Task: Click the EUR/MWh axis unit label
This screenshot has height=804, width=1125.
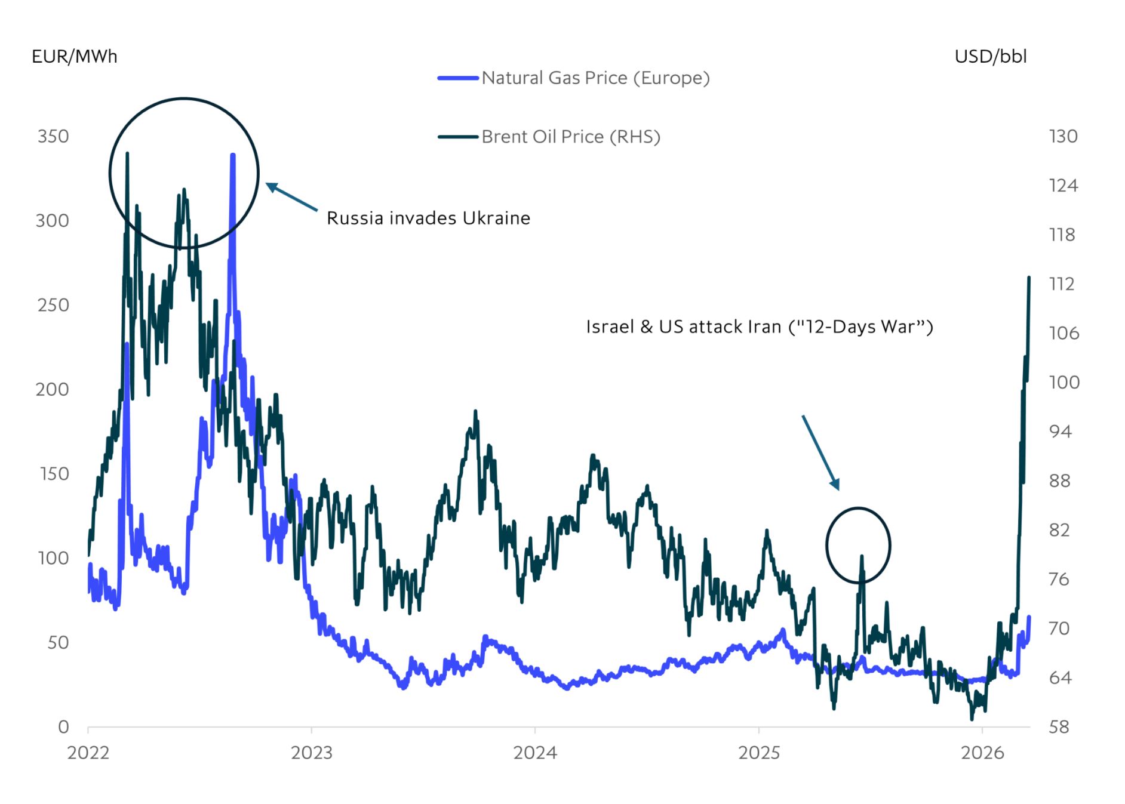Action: point(74,57)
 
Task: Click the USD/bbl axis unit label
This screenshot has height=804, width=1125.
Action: point(991,57)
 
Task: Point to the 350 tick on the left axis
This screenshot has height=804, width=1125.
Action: point(53,136)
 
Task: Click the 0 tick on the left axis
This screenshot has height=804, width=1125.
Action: point(63,727)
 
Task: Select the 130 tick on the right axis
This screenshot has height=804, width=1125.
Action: point(1063,136)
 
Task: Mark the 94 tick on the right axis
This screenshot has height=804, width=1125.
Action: point(1061,432)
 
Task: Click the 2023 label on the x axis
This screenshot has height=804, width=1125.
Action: point(312,753)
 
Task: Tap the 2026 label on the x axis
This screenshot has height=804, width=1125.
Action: point(982,753)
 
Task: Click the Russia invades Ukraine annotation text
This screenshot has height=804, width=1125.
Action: point(428,218)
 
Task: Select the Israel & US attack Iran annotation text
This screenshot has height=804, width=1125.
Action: point(759,327)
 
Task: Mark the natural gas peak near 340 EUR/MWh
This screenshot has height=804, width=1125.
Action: point(233,156)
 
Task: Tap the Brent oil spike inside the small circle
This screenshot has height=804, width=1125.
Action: point(862,557)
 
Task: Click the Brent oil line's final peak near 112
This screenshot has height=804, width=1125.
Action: point(1029,278)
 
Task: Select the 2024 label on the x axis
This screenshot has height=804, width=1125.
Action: point(535,753)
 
